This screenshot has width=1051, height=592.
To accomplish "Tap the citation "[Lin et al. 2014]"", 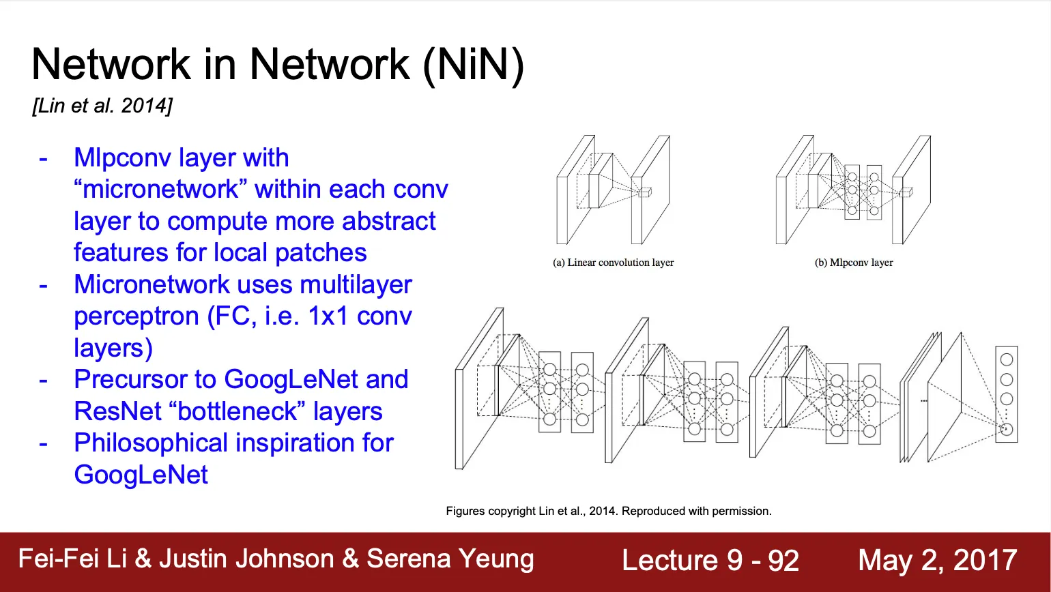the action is point(102,106).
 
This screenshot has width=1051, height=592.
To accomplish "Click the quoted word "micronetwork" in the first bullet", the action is point(161,189).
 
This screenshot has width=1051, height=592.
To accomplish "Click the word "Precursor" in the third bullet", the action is point(145,379).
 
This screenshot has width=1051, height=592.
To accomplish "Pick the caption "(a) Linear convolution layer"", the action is point(613,263).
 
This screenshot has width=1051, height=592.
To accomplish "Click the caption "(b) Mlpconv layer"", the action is point(854,263).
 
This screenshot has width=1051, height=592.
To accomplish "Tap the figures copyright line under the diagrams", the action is point(609,511).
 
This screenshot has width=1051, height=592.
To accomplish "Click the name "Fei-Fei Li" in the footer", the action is point(72,559).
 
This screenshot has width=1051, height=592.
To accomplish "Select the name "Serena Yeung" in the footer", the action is point(450,559).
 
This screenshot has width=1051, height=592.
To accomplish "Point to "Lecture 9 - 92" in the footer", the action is point(710,561).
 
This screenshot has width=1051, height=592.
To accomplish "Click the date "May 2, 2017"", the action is point(937,561).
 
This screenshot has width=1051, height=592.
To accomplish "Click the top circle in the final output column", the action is point(1006,359).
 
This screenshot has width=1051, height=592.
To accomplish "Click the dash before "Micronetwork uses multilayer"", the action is point(44,284).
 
